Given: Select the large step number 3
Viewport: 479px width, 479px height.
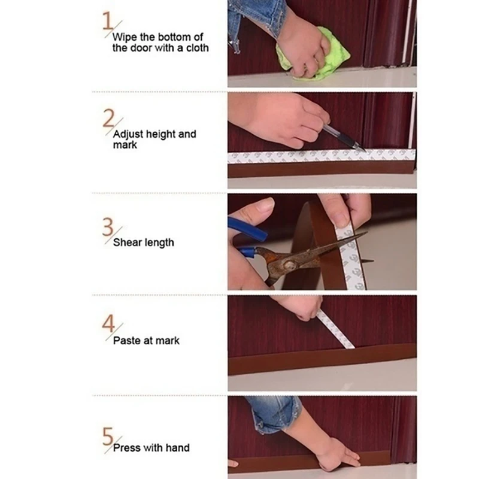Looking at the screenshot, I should click(x=108, y=228).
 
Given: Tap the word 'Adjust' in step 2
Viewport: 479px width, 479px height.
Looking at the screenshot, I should click(x=127, y=134).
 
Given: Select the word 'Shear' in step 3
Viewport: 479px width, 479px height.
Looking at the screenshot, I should click(x=127, y=242).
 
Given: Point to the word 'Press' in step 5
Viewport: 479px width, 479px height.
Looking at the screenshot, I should click(x=126, y=447).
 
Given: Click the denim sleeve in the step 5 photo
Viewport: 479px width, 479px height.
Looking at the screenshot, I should click(x=272, y=413).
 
